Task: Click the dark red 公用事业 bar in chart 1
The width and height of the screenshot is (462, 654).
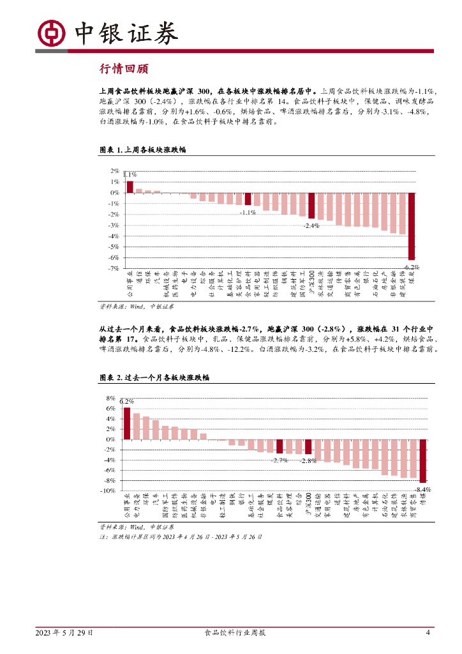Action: (130, 186)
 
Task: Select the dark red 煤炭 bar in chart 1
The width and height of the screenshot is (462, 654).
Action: (412, 226)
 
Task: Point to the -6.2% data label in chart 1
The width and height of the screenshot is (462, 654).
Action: (412, 266)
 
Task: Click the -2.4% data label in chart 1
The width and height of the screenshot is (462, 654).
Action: (311, 225)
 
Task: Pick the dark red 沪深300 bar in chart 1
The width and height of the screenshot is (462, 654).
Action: (311, 206)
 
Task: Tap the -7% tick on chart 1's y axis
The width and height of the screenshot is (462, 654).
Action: (114, 268)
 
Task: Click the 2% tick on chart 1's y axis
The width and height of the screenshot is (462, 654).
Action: (115, 171)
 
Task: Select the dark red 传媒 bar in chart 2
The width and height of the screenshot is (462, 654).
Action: (422, 460)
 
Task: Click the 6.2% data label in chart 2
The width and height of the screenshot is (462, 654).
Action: (126, 401)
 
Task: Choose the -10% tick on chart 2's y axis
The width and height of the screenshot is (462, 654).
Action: (108, 490)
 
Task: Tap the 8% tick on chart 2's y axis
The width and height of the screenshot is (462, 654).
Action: (111, 399)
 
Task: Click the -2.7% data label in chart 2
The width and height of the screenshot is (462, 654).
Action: (279, 460)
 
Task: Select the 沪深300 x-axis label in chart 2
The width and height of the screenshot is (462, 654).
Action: (308, 504)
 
